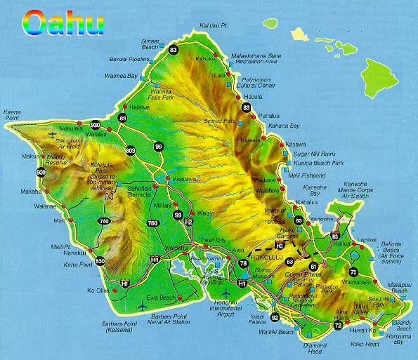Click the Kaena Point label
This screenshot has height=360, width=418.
tap(13, 114)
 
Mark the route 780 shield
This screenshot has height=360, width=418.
tap(105, 222)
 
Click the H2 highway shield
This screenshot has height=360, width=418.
tap(188, 222)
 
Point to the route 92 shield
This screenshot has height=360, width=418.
tap(274, 317)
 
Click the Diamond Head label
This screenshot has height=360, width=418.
tap(316, 348)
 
